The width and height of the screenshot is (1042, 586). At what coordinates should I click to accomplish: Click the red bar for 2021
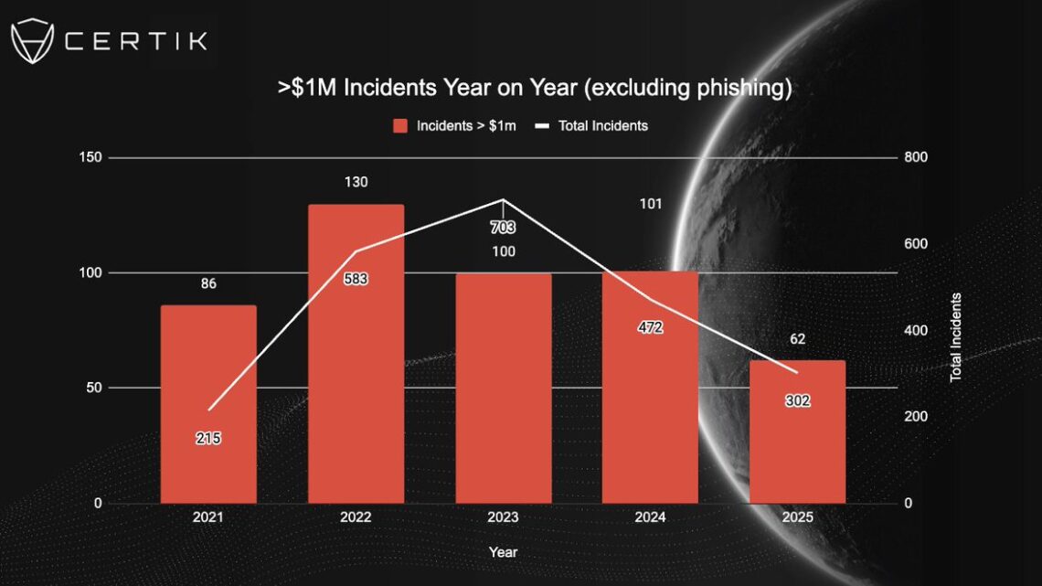pyautogui.click(x=208, y=404)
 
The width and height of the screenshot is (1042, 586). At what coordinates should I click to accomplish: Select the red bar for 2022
pyautogui.click(x=356, y=354)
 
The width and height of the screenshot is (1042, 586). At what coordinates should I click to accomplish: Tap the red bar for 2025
pyautogui.click(x=797, y=432)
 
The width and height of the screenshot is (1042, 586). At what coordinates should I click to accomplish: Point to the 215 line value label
pyautogui.click(x=208, y=439)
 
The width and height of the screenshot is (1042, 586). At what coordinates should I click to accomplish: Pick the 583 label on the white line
pyautogui.click(x=356, y=279)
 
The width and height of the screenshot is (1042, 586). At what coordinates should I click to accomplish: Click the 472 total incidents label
pyautogui.click(x=650, y=327)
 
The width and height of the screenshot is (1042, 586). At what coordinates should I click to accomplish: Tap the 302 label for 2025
pyautogui.click(x=797, y=400)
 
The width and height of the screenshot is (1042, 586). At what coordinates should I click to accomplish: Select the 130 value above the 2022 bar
pyautogui.click(x=356, y=182)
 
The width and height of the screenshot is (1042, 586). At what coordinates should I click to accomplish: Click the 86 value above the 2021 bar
pyautogui.click(x=208, y=283)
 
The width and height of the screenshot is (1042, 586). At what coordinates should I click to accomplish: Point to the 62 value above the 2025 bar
pyautogui.click(x=797, y=338)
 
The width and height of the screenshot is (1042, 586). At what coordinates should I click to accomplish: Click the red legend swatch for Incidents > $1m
pyautogui.click(x=400, y=126)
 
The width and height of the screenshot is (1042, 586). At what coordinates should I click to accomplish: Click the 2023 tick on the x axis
pyautogui.click(x=503, y=517)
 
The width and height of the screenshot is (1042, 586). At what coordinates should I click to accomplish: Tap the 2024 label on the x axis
pyautogui.click(x=650, y=517)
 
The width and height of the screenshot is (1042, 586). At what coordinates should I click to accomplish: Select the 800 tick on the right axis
pyautogui.click(x=916, y=157)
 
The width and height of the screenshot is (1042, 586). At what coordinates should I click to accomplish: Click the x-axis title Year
pyautogui.click(x=503, y=552)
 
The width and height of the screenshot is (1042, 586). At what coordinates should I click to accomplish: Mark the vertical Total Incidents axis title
pyautogui.click(x=956, y=336)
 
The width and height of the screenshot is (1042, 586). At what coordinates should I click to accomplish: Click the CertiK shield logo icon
pyautogui.click(x=31, y=41)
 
